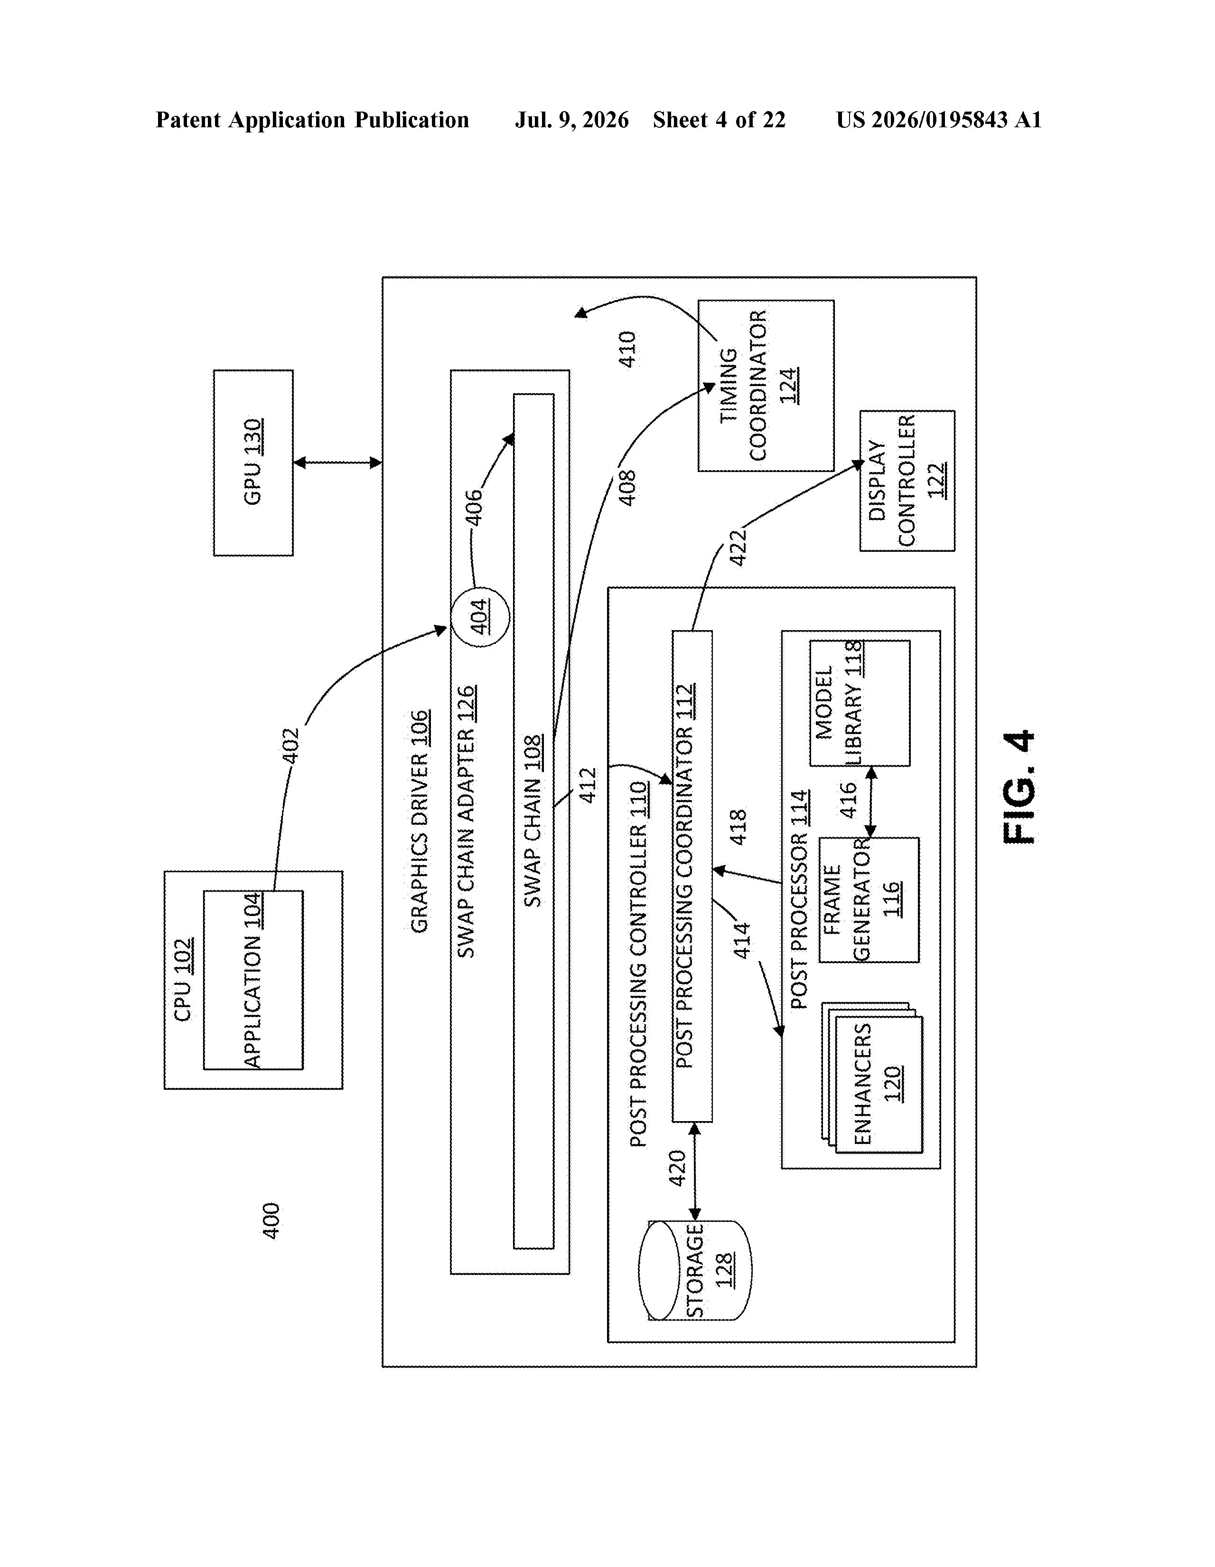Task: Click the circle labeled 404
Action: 481,616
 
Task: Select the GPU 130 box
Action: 253,463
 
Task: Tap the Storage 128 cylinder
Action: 695,1270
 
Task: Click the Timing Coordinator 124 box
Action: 766,385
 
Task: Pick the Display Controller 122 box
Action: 907,481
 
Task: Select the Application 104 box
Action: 253,980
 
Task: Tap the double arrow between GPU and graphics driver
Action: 337,463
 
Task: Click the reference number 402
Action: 290,746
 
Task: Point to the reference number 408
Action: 627,488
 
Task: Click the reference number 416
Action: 849,800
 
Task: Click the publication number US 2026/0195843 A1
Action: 939,120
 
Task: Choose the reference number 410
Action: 627,349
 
